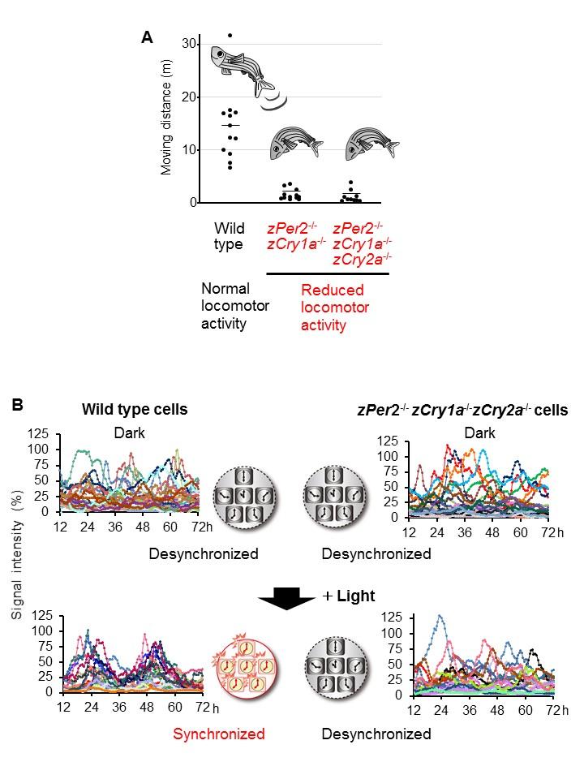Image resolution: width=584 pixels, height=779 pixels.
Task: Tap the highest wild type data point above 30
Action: click(230, 36)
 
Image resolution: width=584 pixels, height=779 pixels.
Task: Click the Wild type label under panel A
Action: click(230, 235)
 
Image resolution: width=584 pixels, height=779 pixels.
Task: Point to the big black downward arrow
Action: click(286, 599)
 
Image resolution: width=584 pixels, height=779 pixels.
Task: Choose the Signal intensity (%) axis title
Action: click(16, 560)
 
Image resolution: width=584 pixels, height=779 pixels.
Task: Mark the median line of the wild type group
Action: click(230, 126)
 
